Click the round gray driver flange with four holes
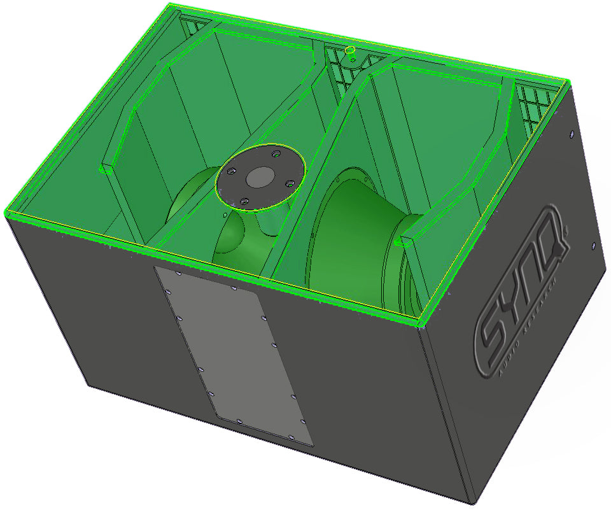[x=261, y=178]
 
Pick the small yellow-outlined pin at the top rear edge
[x=349, y=51]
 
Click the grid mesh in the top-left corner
[x=195, y=26]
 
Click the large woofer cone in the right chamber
[x=356, y=236]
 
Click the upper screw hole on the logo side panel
[x=571, y=135]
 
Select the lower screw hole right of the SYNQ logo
[x=593, y=245]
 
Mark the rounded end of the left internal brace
[x=106, y=169]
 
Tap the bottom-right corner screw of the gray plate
[x=291, y=437]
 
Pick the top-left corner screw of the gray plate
[x=178, y=273]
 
